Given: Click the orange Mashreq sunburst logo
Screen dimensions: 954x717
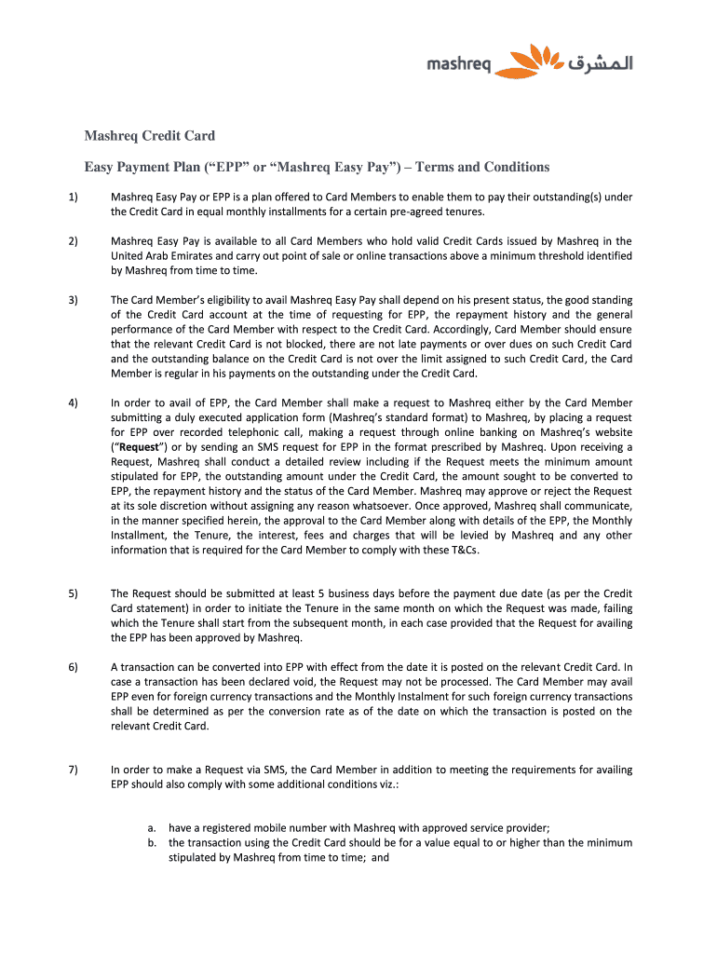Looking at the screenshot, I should click(x=528, y=61).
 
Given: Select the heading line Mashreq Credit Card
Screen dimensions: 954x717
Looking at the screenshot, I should click(x=150, y=136).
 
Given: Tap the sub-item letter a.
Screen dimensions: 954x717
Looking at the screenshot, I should click(x=152, y=827).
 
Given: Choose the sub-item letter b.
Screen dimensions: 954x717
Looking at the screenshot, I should click(x=152, y=842).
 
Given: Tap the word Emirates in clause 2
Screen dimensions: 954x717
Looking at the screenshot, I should click(x=191, y=256).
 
